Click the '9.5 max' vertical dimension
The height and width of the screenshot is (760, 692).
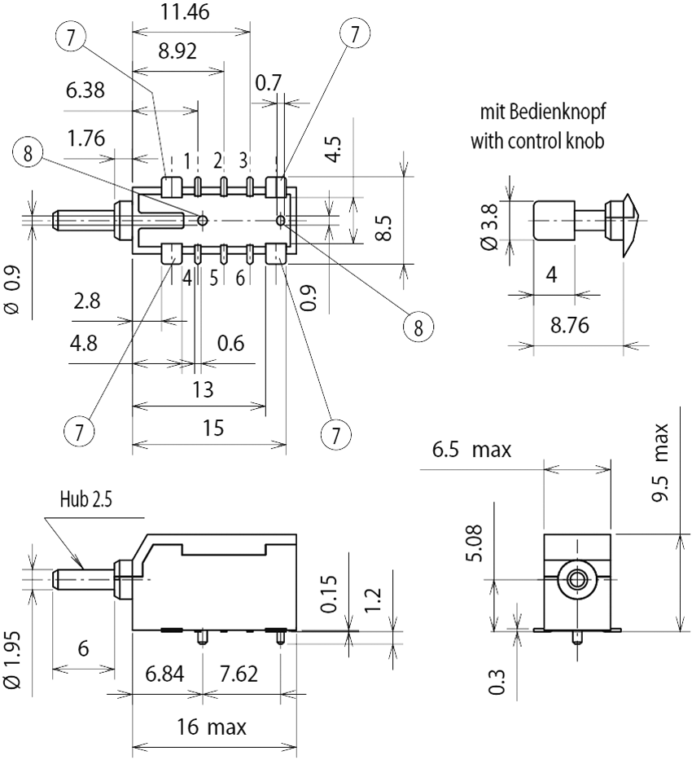pos(661,466)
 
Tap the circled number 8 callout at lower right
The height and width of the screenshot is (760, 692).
pos(418,327)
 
